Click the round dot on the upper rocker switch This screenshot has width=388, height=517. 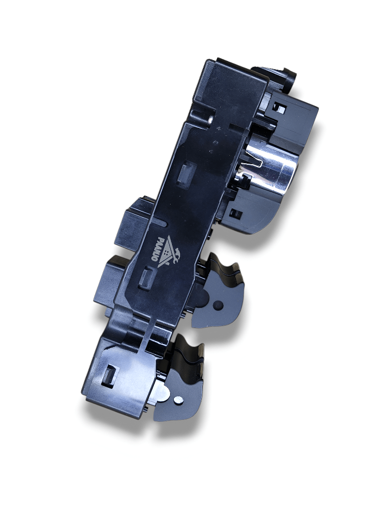217,304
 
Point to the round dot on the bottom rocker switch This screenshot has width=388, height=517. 178,400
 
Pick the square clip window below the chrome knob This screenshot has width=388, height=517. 236,214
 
